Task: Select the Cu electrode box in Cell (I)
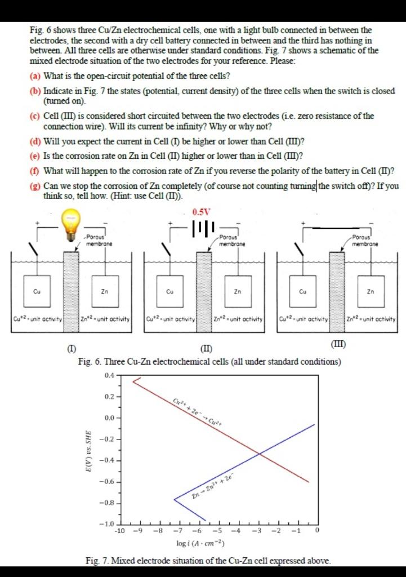click(37, 291)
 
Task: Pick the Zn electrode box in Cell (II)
click(238, 291)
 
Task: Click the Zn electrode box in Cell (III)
click(370, 291)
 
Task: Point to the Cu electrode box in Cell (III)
click(303, 291)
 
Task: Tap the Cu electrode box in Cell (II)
click(169, 291)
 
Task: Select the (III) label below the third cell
click(339, 344)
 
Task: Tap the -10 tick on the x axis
click(119, 531)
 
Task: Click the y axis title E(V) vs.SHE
click(88, 449)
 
